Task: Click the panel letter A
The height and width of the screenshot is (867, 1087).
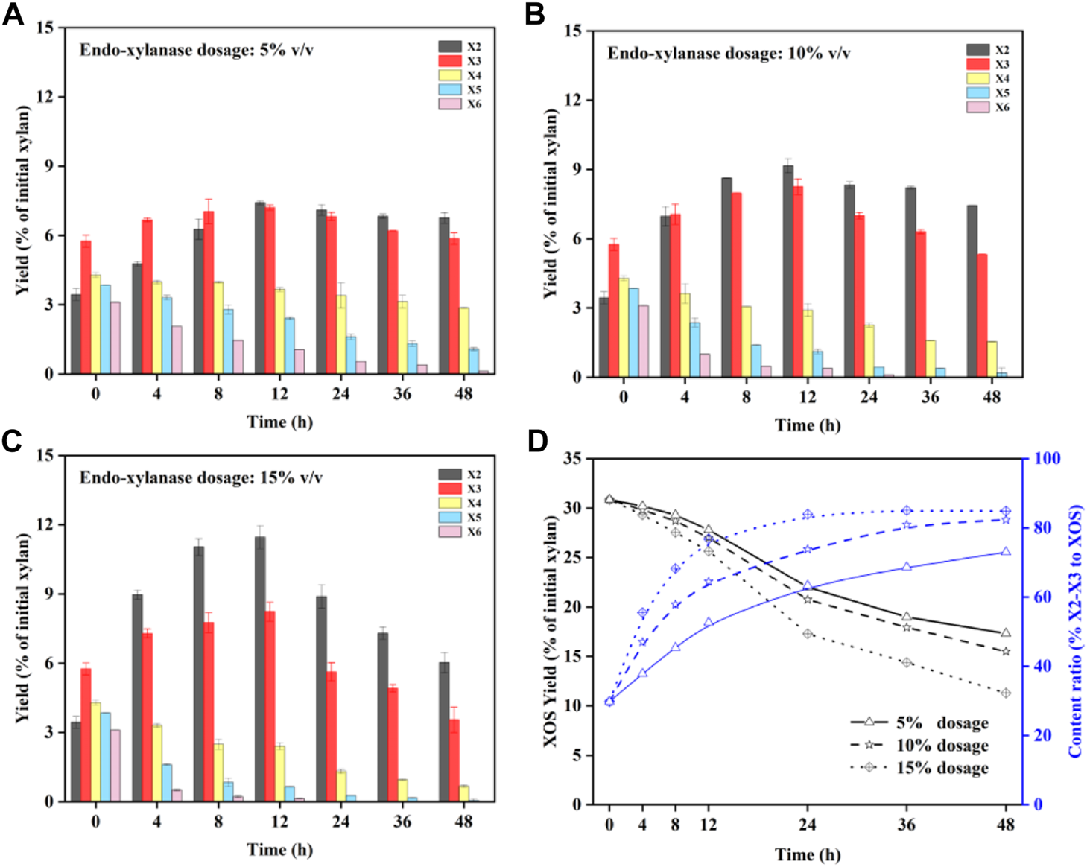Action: [x=13, y=14]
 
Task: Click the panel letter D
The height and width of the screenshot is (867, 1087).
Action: [x=538, y=442]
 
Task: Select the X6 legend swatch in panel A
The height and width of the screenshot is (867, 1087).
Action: [x=450, y=104]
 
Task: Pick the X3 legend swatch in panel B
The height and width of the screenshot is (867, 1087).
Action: [x=977, y=64]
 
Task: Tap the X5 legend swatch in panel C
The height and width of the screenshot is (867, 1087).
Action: [x=450, y=518]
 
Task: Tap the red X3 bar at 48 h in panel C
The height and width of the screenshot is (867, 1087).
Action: [x=454, y=760]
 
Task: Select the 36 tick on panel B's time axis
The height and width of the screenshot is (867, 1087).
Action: [x=930, y=397]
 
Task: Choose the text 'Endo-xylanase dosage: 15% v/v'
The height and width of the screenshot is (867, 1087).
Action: [x=201, y=477]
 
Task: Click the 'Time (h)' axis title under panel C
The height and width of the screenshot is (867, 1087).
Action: [x=279, y=850]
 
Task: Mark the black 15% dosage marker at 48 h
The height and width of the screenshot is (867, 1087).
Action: [x=1006, y=693]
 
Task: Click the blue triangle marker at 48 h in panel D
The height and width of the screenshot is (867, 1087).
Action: [x=1006, y=551]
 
